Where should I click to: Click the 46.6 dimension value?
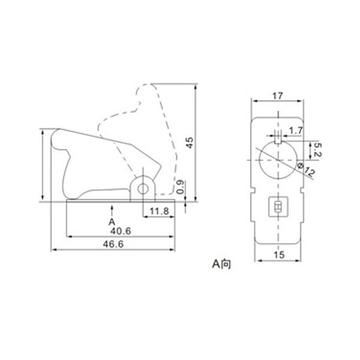[113, 244]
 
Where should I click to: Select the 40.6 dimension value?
[121, 231]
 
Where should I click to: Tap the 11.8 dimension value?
[160, 211]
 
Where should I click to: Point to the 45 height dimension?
[190, 143]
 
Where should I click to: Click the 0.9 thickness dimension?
[181, 187]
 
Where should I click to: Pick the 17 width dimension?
[278, 96]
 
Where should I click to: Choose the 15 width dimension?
[279, 255]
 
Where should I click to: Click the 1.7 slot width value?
[296, 131]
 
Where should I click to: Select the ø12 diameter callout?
[305, 169]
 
